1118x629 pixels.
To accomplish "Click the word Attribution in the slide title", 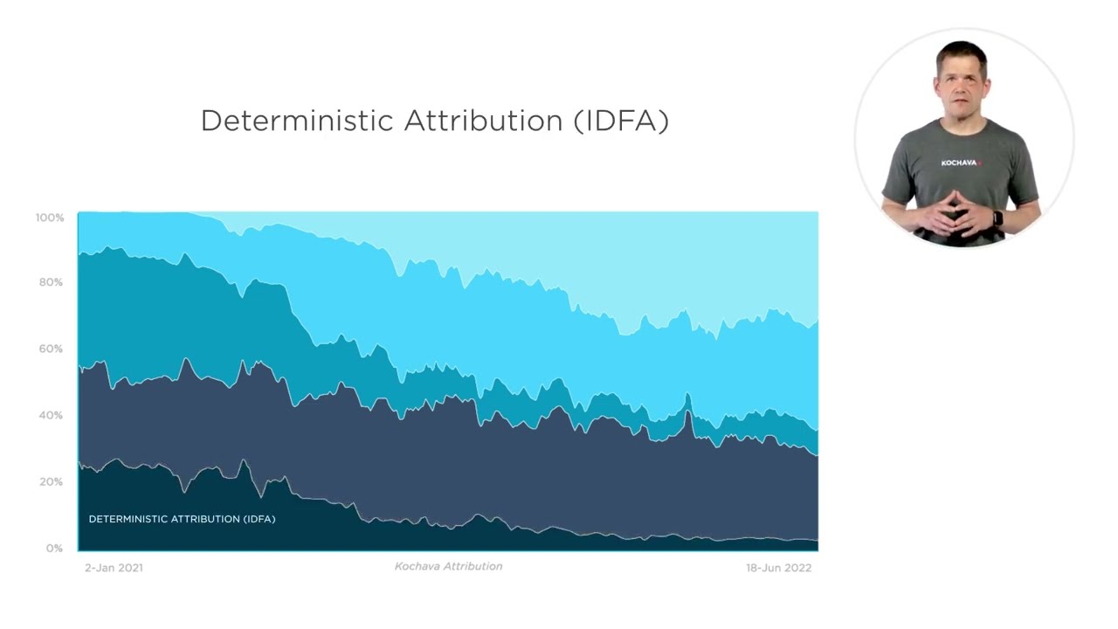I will coord(483,121).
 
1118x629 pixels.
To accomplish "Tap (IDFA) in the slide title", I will coord(621,121).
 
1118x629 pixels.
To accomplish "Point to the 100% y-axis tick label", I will coord(50,218).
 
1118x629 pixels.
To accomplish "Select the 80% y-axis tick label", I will coord(52,282).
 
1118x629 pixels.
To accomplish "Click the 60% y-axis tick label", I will coord(52,349).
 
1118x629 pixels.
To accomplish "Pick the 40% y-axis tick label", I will coord(52,415).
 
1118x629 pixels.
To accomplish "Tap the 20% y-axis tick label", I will coord(52,481).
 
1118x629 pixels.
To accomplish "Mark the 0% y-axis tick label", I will coord(54,548).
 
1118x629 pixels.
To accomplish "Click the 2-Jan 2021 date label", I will coord(114,568).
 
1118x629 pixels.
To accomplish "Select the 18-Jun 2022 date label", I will coord(778,568).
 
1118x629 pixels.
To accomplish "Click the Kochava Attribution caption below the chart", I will coord(448,566).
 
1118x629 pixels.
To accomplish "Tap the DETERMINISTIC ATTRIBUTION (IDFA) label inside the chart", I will coord(182,519).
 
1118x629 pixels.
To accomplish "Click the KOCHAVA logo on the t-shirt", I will coord(961,162).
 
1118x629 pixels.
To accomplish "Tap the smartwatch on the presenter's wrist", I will coord(997,218).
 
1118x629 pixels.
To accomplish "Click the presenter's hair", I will coord(962,54).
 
